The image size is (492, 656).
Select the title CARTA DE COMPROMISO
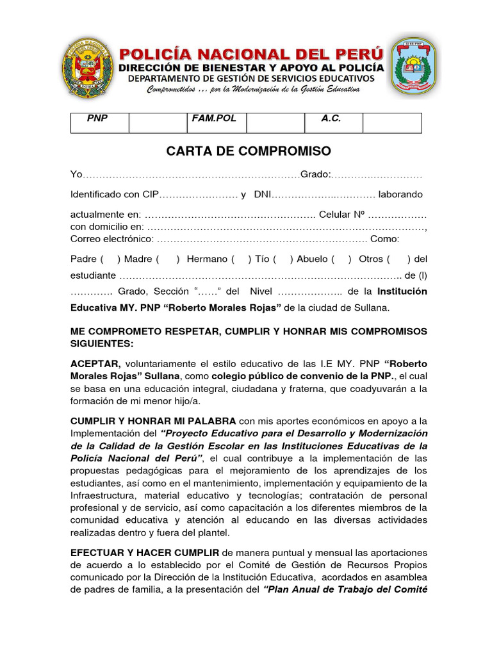249,151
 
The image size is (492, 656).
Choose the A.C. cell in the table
331,119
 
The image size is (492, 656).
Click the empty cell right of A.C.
392,123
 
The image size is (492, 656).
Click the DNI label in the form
263,195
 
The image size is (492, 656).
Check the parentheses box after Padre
110,259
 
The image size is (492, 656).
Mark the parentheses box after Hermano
241,259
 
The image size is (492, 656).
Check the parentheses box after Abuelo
341,259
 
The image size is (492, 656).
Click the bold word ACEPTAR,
95,364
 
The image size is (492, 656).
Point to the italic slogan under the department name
253,89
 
